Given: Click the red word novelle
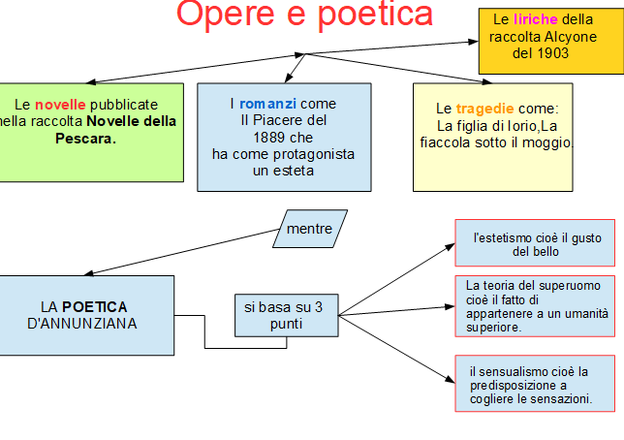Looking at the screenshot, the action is click(60, 105).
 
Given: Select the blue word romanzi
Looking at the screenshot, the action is click(267, 104).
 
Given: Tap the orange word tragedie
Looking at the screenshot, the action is click(484, 109).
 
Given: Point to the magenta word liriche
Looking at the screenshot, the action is click(535, 19).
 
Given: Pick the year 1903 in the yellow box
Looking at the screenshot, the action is click(552, 53).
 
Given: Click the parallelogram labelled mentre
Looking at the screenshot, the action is click(310, 229).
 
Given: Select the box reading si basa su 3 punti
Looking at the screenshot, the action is click(287, 315).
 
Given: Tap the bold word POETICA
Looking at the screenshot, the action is click(95, 307).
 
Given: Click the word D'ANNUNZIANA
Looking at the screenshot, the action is click(82, 324).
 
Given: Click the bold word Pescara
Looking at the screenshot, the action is click(85, 139).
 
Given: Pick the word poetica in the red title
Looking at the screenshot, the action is click(375, 15).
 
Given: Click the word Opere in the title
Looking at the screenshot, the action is click(225, 15).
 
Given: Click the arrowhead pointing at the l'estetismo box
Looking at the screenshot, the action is click(451, 246).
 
